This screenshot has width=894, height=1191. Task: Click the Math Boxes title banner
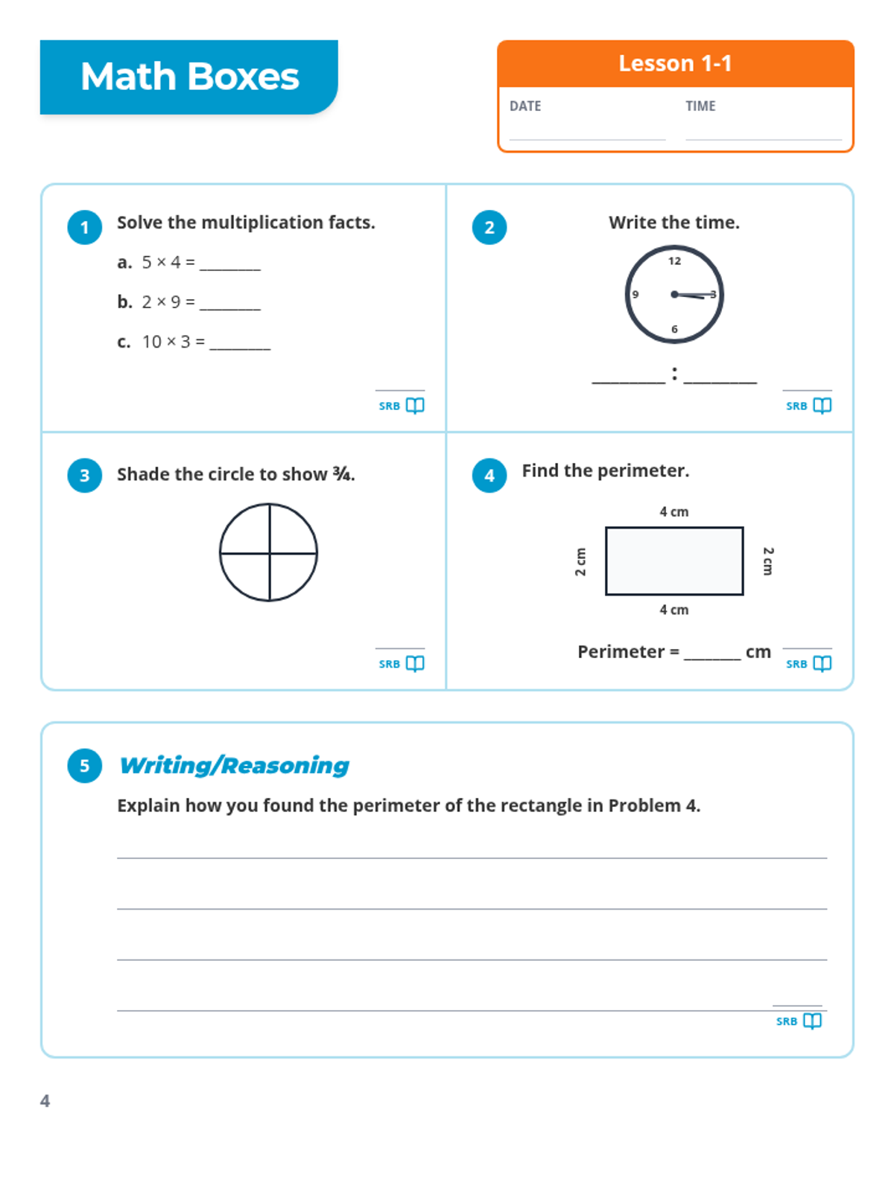[189, 77]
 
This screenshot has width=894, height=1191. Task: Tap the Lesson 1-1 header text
[675, 63]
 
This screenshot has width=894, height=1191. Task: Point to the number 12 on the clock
[674, 261]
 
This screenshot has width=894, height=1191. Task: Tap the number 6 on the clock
[674, 329]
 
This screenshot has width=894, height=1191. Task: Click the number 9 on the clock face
[635, 294]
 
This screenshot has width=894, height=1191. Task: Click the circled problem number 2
[489, 227]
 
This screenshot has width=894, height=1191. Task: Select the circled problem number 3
[85, 475]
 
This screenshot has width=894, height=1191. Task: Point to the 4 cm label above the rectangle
[673, 511]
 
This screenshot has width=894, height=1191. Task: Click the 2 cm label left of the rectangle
[581, 561]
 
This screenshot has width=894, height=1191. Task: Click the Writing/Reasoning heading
[234, 765]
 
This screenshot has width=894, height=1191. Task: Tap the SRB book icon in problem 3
[415, 663]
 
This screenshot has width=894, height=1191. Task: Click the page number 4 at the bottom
[45, 1101]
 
